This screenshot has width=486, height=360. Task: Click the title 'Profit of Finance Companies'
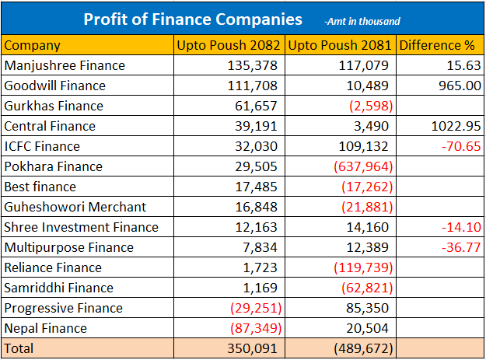pyautogui.click(x=192, y=18)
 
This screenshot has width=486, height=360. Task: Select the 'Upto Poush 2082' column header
pyautogui.click(x=229, y=45)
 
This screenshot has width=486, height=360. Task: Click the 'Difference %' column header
pyautogui.click(x=439, y=45)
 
